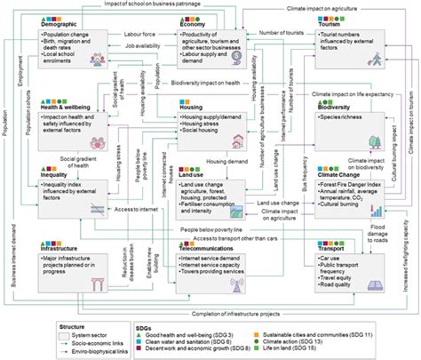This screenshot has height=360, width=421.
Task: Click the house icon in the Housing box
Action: pyautogui.click(x=237, y=140)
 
